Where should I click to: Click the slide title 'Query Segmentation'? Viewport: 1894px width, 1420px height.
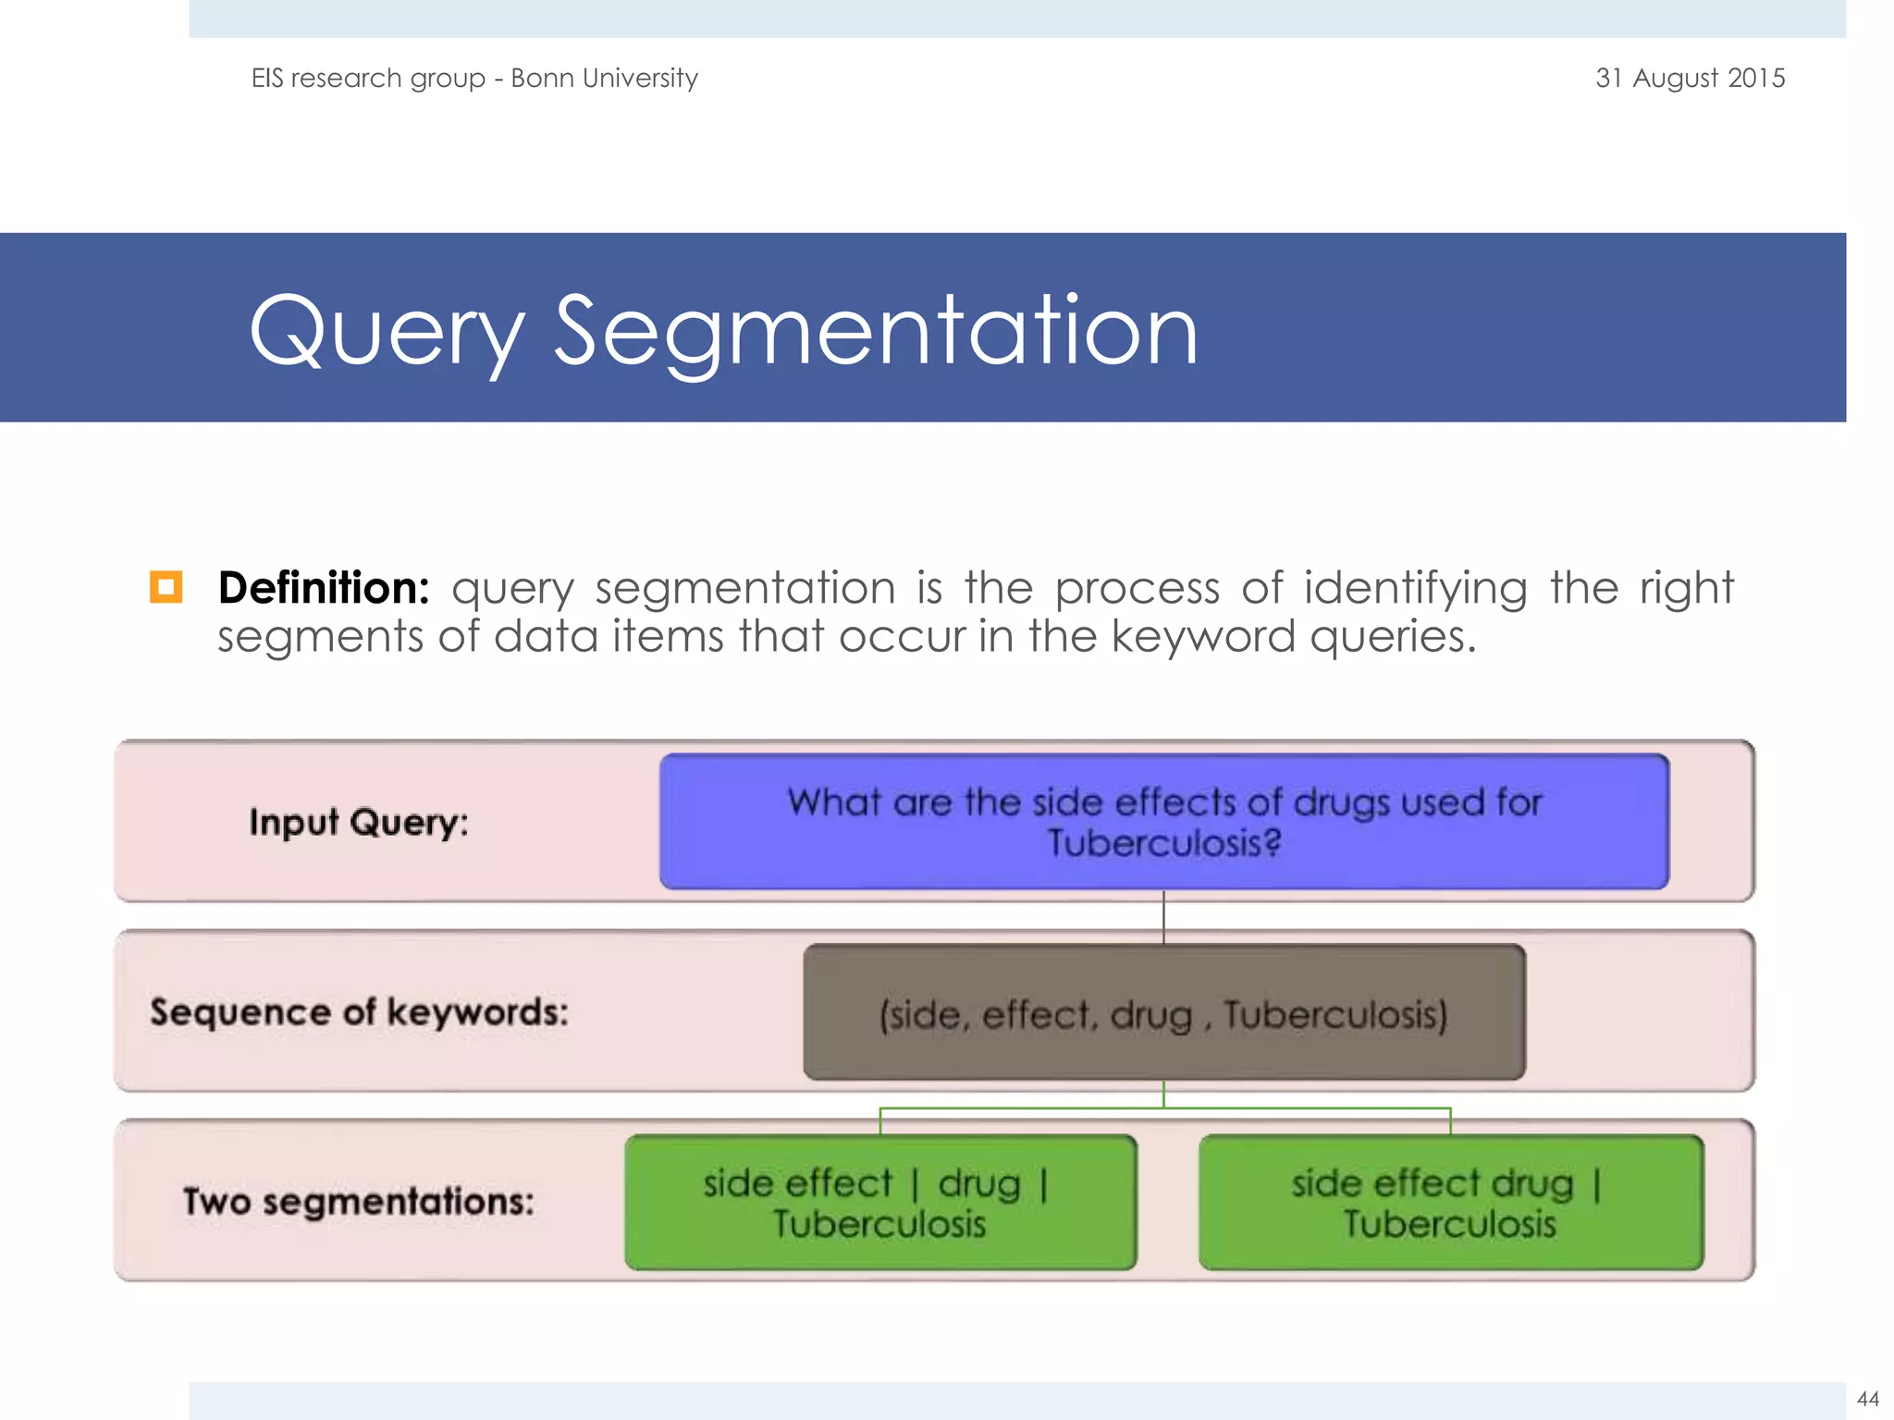[723, 331]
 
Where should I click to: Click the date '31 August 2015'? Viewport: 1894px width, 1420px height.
[1690, 78]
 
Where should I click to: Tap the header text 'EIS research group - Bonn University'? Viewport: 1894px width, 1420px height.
[474, 78]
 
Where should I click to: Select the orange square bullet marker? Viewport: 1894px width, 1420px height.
[166, 587]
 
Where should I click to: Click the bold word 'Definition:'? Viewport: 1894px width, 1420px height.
[324, 588]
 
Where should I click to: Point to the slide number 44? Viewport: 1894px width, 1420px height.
[1867, 1399]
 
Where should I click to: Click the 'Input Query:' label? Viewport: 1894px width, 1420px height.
[359, 822]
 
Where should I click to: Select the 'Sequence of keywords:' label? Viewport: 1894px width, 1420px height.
[359, 1012]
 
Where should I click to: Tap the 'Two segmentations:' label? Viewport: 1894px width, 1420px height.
[359, 1202]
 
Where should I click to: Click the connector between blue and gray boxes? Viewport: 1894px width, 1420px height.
[1163, 917]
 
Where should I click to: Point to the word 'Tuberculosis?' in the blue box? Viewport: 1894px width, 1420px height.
[1163, 843]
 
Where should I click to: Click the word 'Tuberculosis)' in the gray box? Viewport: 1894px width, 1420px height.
[1335, 1015]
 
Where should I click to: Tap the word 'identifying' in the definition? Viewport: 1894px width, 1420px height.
[1415, 588]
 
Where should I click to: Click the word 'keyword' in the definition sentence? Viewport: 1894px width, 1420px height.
[1202, 636]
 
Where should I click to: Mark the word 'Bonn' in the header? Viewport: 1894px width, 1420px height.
[542, 78]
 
